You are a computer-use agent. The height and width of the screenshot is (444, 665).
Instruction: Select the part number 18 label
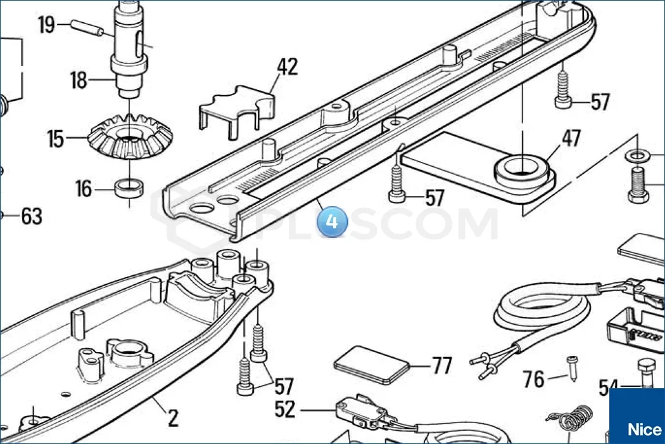tap(79, 81)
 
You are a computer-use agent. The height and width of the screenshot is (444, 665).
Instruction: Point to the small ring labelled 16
tap(130, 188)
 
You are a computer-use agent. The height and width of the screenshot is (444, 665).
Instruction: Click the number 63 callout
tap(31, 216)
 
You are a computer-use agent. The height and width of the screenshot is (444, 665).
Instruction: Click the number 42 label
tap(287, 66)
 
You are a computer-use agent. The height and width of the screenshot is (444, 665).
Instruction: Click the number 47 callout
tap(571, 138)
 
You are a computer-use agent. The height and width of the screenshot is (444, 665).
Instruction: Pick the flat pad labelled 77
tap(371, 365)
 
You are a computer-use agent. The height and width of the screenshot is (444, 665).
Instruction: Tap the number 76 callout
tap(534, 379)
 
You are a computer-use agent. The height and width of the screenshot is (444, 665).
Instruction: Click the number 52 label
tap(285, 410)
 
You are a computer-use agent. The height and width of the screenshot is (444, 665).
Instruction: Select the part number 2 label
tap(173, 418)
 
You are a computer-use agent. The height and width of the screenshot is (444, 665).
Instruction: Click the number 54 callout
tap(609, 387)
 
